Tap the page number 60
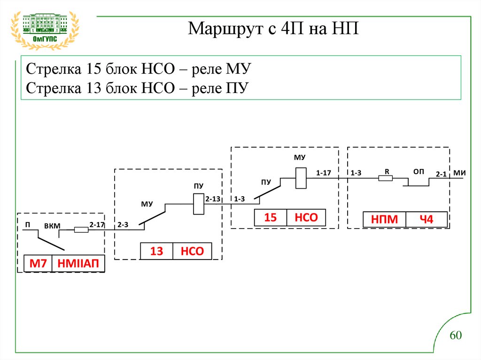(456, 335)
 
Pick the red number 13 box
(156, 252)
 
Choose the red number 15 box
(271, 218)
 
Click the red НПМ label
(384, 220)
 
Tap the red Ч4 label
(426, 220)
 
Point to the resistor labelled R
(386, 178)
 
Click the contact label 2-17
(97, 225)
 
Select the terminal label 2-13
(212, 199)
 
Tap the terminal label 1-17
(324, 173)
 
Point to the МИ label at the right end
(459, 173)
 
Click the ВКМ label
(52, 226)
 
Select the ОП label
(419, 172)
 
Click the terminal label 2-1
(441, 174)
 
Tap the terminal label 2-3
(123, 225)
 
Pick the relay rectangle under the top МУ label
(301, 178)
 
